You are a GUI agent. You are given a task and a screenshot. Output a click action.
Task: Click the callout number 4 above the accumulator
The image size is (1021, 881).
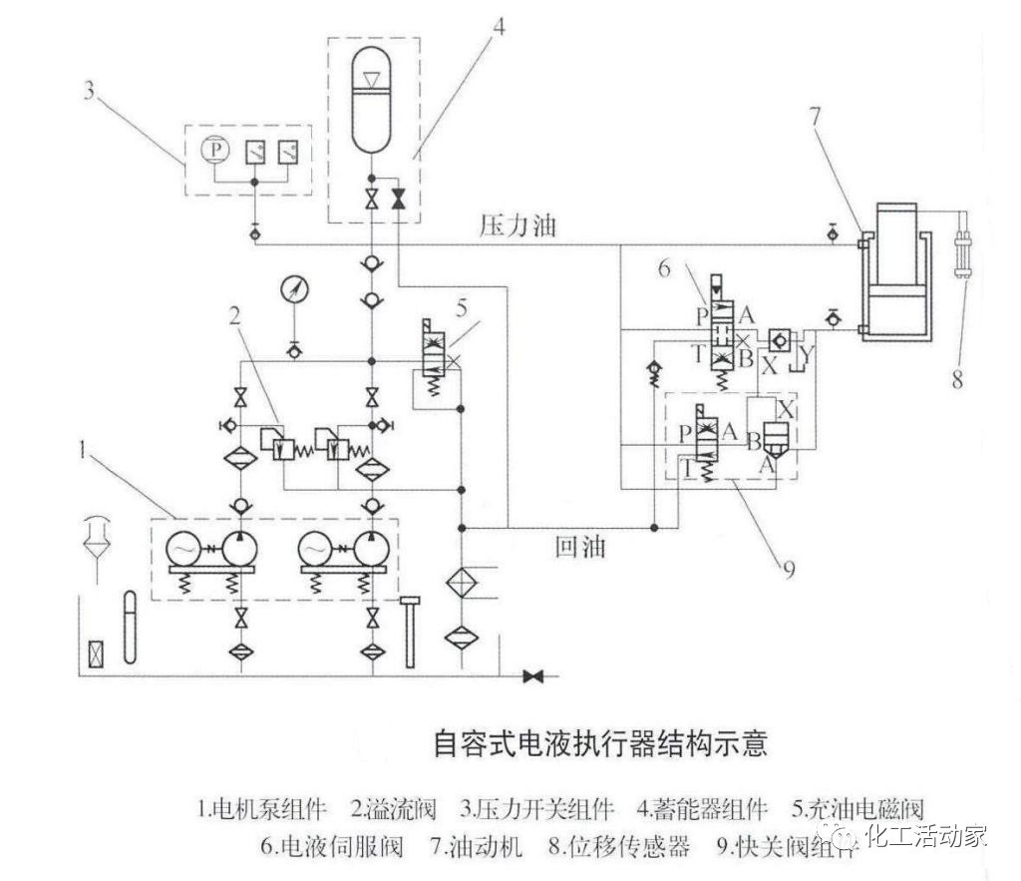pyautogui.click(x=498, y=26)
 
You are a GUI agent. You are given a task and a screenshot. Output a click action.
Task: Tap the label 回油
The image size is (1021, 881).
pyautogui.click(x=579, y=546)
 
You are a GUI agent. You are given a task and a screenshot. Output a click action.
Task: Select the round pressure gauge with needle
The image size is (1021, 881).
pyautogui.click(x=294, y=289)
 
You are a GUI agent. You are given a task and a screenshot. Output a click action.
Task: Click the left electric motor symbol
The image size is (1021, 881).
pyautogui.click(x=186, y=550)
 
